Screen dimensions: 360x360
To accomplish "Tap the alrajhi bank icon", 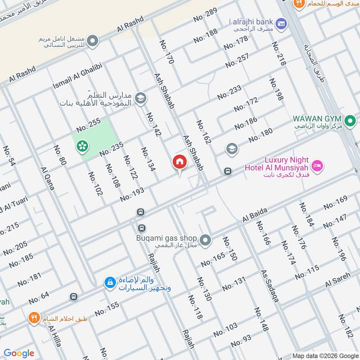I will pos(281,22).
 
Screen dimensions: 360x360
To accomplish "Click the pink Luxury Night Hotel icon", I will pos(317,166).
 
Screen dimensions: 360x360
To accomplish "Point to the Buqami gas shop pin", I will pos(206,240).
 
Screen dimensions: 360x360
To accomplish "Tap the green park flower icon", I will pos(82,145).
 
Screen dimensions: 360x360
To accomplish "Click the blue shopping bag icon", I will pos(109,283).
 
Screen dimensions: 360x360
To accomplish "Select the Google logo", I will pos(19,353).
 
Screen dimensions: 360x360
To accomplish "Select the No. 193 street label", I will pos(132,194).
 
